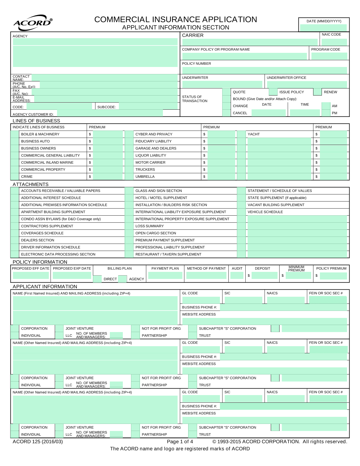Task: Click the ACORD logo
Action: [x=32, y=23]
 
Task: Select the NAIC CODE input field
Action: [x=334, y=42]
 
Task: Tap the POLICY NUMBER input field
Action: [x=264, y=70]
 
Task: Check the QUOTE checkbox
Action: [x=226, y=92]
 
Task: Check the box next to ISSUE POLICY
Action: [x=273, y=92]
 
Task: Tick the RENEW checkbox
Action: [x=318, y=92]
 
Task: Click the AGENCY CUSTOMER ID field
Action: [x=110, y=113]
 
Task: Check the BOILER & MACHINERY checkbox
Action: [x=15, y=134]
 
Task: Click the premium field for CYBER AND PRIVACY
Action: [x=221, y=134]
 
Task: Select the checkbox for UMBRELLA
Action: [x=129, y=177]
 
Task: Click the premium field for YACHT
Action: [x=333, y=134]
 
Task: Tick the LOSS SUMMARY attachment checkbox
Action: [x=129, y=226]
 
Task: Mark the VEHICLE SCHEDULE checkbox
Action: [x=241, y=212]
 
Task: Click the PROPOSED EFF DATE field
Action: [x=31, y=275]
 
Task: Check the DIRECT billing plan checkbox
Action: [x=97, y=279]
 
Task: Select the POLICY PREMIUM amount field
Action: [x=333, y=276]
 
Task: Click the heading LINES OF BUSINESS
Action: [x=36, y=121]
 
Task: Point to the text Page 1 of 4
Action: [x=180, y=441]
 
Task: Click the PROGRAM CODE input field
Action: [x=329, y=56]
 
